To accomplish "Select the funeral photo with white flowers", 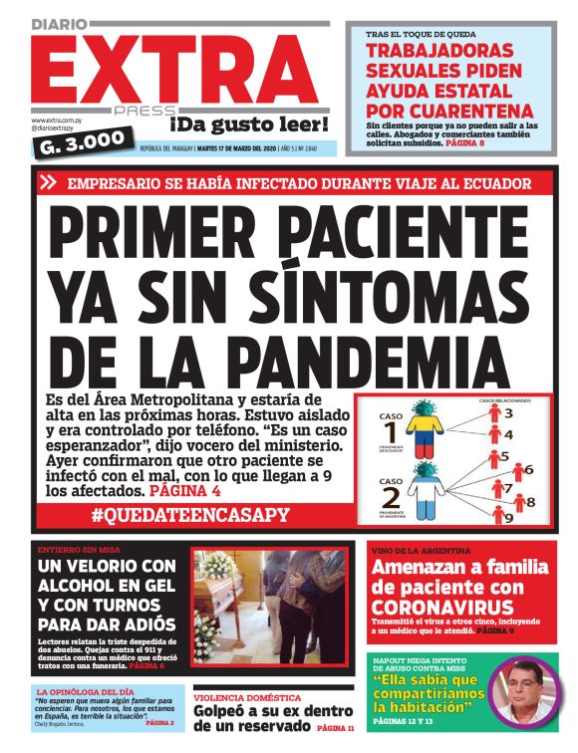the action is coord(269,607).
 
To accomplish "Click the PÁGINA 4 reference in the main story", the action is coord(184,491).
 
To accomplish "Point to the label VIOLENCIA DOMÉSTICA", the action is coord(244,698).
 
